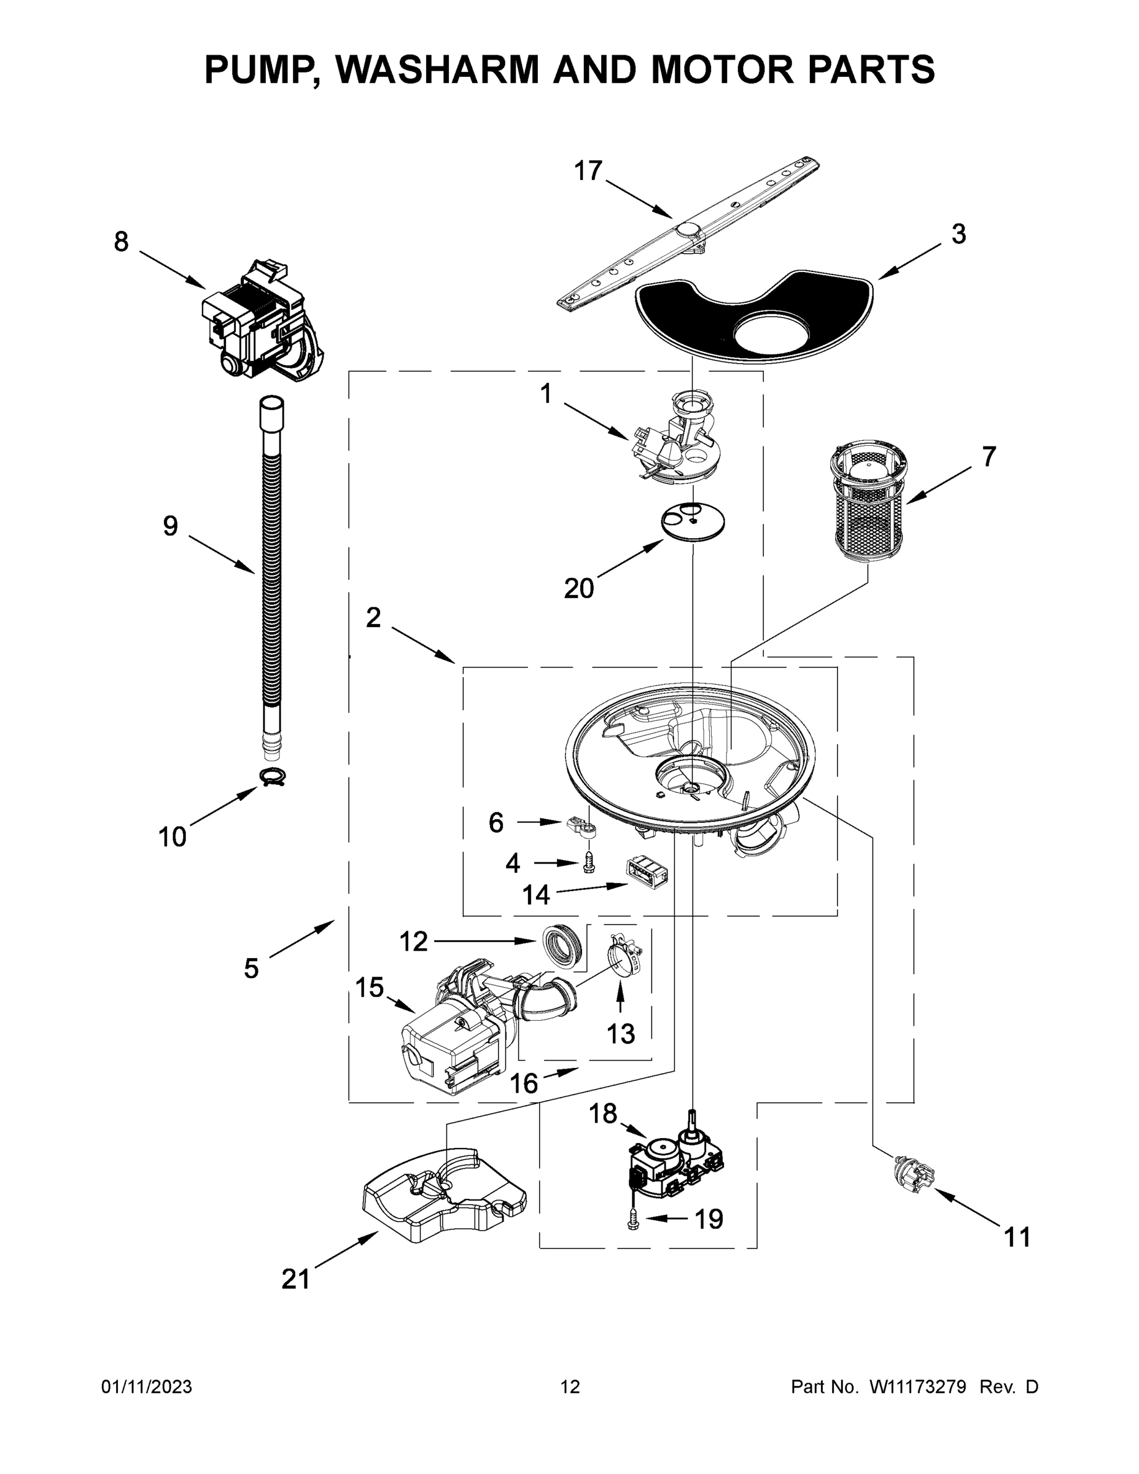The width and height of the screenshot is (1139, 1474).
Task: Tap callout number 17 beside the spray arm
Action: pyautogui.click(x=587, y=171)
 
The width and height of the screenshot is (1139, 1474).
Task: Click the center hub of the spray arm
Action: pyautogui.click(x=688, y=230)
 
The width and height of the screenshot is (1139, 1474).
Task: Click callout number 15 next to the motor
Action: pyautogui.click(x=369, y=988)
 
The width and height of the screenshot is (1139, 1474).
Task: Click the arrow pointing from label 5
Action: pyautogui.click(x=302, y=938)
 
